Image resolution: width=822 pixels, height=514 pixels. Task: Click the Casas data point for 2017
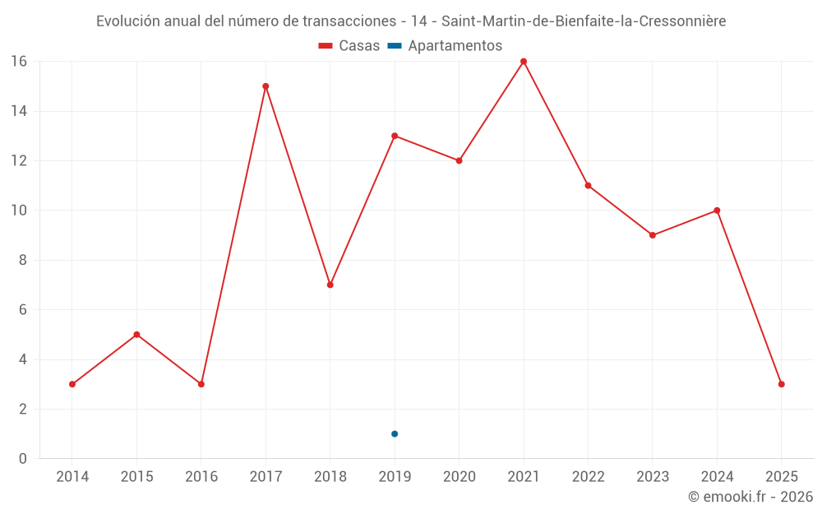266,86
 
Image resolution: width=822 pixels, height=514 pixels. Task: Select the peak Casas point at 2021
524,62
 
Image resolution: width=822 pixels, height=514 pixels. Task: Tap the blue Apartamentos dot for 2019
395,433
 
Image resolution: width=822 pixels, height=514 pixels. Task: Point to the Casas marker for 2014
72,384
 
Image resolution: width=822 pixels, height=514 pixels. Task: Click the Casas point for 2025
782,384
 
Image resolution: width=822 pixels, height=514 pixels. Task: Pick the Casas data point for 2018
330,285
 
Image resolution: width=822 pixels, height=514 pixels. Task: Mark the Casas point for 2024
717,211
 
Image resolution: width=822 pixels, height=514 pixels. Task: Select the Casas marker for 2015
136,335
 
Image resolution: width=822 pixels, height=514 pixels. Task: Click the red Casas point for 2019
395,136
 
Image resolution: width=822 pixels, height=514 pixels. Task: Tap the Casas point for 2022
588,186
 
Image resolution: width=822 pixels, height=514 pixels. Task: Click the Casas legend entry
349,46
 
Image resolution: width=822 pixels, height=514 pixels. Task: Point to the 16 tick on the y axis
19,62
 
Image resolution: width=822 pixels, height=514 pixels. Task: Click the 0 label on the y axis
23,459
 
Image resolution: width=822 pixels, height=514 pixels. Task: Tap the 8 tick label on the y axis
23,260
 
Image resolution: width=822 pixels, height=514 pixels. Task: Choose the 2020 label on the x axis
459,477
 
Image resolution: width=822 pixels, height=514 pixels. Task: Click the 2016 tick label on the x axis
201,477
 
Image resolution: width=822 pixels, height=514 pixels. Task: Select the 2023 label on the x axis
653,477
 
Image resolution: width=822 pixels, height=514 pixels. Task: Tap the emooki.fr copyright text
750,497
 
